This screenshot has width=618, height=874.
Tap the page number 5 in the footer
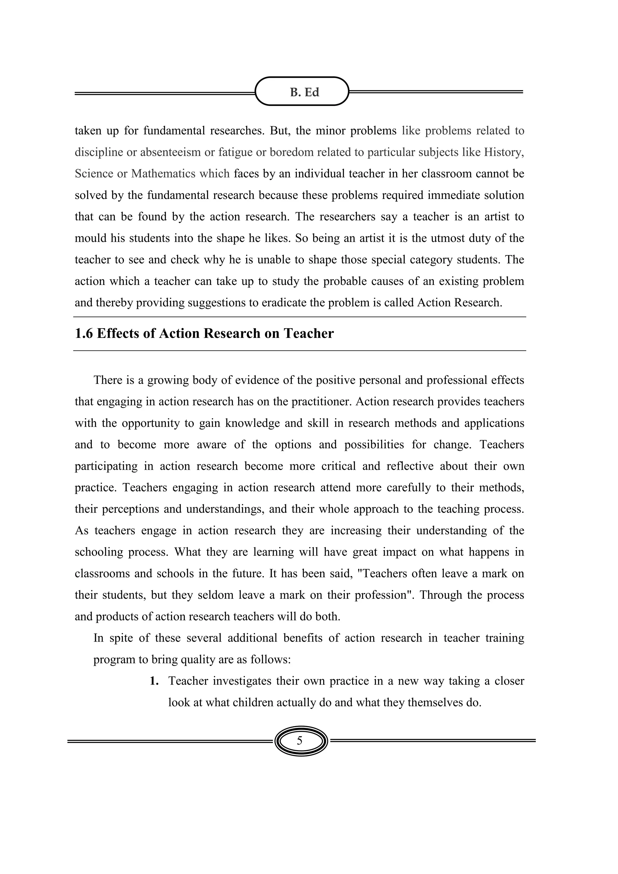pyautogui.click(x=299, y=741)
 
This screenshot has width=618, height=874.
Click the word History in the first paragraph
pyautogui.click(x=503, y=152)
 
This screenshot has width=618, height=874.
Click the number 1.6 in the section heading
pyautogui.click(x=83, y=334)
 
